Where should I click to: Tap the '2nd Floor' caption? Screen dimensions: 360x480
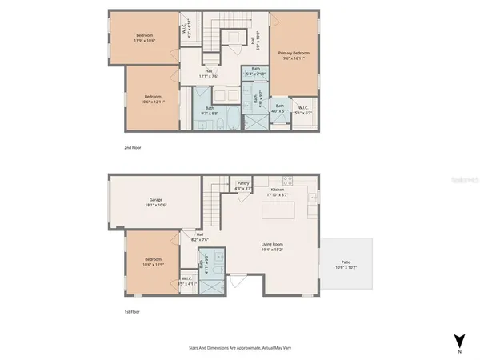134,147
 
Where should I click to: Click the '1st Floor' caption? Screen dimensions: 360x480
133,311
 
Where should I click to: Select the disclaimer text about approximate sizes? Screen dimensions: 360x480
239,349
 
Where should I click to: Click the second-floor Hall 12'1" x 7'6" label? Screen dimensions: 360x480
208,74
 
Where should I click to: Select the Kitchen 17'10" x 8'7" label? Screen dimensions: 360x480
278,192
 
